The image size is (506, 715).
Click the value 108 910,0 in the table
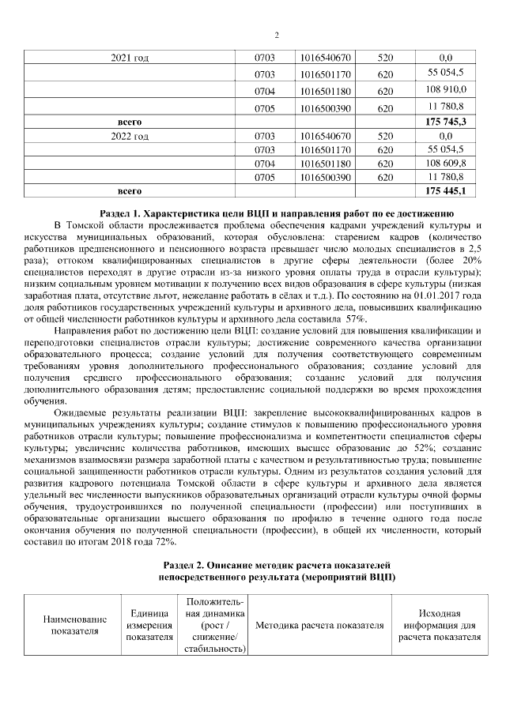point(445,90)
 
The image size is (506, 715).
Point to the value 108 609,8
point(445,163)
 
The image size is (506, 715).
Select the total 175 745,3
point(445,122)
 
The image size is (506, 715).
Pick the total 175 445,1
point(445,191)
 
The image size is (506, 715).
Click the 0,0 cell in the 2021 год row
point(445,58)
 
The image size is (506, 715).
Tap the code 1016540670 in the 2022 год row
point(326,137)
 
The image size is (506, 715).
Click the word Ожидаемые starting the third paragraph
point(81,413)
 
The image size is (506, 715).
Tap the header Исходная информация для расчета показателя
point(439,626)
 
